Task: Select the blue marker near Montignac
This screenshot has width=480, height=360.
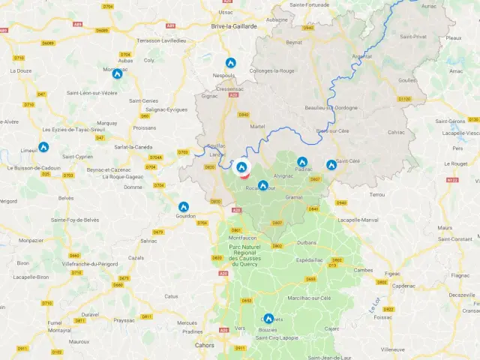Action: [x=117, y=73]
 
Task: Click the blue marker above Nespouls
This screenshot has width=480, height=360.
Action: [x=230, y=64]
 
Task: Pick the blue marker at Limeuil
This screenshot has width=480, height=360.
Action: [x=43, y=147]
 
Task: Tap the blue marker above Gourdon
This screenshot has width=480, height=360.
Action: [x=183, y=206]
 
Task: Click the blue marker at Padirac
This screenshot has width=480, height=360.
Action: [x=301, y=161]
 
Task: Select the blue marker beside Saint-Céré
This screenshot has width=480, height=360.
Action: [x=331, y=164]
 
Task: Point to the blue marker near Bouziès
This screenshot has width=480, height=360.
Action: [x=268, y=318]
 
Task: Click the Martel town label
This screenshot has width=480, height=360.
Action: [x=257, y=126]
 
